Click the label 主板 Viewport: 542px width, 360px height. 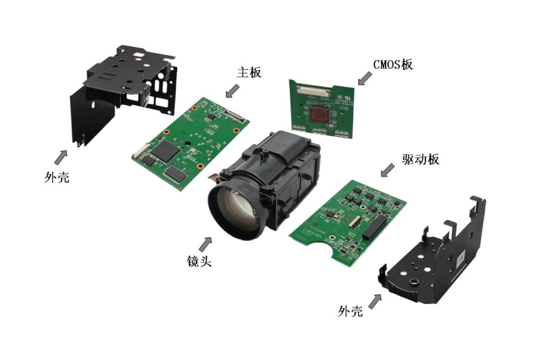(x=249, y=72)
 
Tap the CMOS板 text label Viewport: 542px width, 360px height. (x=393, y=64)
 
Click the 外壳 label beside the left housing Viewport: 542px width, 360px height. (x=57, y=177)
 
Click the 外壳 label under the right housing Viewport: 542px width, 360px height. (x=350, y=311)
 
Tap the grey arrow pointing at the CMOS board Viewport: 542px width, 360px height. (x=364, y=78)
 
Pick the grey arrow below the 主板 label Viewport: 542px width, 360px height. (x=233, y=90)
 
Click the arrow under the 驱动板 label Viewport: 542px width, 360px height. (x=388, y=170)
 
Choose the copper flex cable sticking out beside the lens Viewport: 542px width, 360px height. (x=213, y=175)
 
